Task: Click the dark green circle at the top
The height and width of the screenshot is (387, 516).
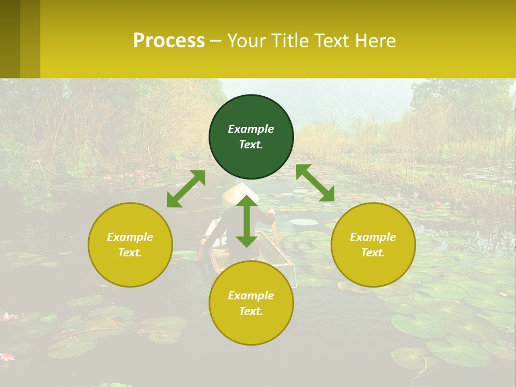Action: click(x=251, y=137)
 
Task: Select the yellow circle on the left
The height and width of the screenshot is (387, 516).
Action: click(x=130, y=245)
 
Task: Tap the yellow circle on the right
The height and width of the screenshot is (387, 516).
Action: click(x=373, y=245)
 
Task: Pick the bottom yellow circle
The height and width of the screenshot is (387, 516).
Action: click(x=251, y=303)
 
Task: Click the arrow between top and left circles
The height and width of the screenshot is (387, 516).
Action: click(x=186, y=189)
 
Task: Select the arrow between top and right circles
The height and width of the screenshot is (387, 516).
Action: click(x=316, y=183)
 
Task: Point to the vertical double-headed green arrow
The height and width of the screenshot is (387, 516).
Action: click(x=247, y=221)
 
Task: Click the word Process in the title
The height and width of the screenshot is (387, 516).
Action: click(x=169, y=41)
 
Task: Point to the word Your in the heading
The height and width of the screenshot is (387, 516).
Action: click(x=247, y=41)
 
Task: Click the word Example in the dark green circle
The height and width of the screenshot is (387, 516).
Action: click(x=251, y=129)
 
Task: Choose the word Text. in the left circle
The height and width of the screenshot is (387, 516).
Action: click(x=130, y=253)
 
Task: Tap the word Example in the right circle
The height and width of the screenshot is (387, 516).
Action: click(x=373, y=237)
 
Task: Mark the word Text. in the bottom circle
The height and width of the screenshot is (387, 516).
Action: click(x=251, y=311)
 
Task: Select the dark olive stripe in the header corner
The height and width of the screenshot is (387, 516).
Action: click(x=10, y=39)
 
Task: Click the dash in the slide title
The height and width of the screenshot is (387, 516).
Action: click(x=216, y=41)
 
